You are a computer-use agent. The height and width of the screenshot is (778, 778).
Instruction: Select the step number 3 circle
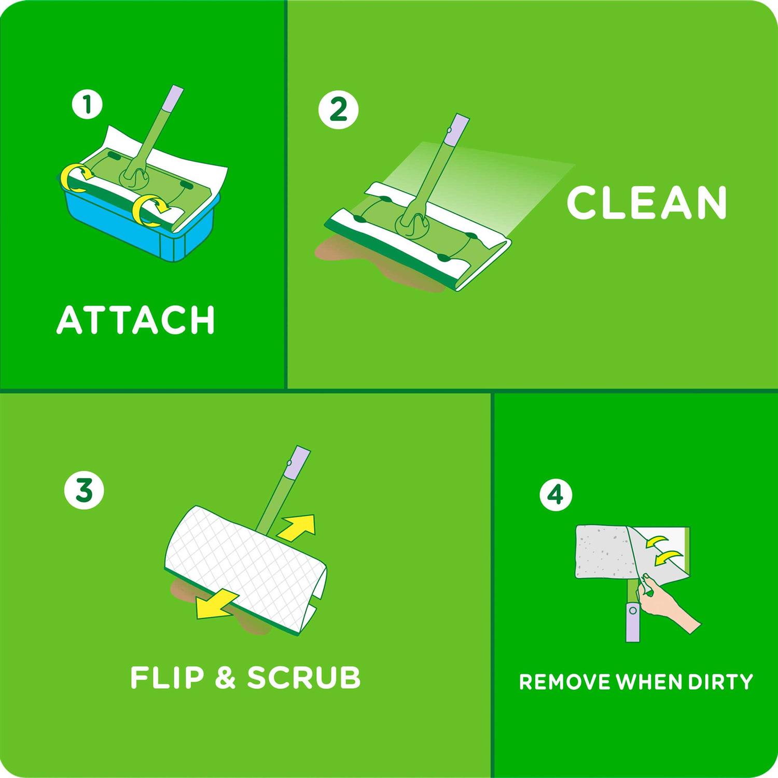pyautogui.click(x=84, y=490)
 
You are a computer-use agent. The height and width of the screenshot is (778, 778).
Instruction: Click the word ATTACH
pyautogui.click(x=135, y=319)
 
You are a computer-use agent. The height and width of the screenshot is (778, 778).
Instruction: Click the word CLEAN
pyautogui.click(x=647, y=202)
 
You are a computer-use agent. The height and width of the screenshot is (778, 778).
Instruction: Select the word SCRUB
pyautogui.click(x=303, y=677)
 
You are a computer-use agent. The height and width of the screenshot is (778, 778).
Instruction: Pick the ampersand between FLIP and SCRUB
pyautogui.click(x=225, y=678)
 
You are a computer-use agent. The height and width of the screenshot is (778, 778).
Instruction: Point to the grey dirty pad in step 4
pyautogui.click(x=602, y=551)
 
